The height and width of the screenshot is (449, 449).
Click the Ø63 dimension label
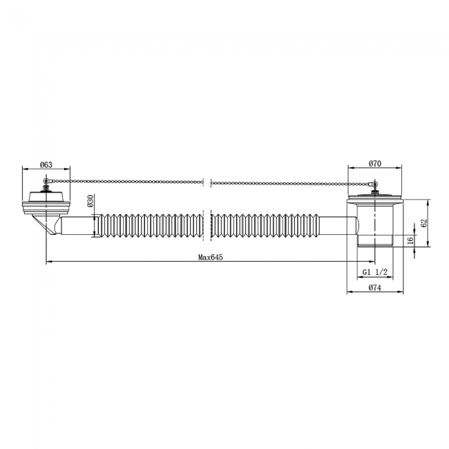point(46,164)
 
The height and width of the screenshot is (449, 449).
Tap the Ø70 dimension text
point(375,164)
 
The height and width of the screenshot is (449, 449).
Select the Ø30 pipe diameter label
point(90,201)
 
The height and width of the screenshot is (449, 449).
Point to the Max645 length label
point(211,257)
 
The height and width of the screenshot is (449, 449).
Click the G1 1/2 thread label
point(375,272)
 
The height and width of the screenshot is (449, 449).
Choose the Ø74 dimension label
point(375,287)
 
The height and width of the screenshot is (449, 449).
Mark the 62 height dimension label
point(424,223)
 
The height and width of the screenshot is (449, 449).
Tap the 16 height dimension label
point(410,240)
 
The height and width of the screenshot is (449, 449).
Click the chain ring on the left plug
point(45,181)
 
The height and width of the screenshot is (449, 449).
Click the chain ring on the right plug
point(374,184)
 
